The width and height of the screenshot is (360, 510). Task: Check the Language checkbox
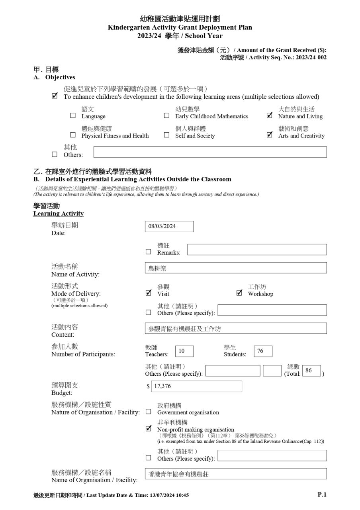(72, 116)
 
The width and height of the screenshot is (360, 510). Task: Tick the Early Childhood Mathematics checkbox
(166, 116)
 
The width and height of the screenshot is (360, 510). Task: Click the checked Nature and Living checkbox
(270, 116)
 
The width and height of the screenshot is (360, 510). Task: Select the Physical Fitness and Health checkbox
(72, 135)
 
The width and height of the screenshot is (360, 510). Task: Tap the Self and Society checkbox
(166, 135)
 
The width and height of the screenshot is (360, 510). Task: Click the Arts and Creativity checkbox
(270, 135)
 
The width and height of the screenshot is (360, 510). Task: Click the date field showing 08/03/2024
(169, 226)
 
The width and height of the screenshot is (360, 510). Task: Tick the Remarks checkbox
(148, 252)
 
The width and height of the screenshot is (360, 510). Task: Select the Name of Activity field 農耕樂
(236, 268)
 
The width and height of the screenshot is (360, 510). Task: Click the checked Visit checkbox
(149, 293)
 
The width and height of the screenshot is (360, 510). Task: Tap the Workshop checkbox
(239, 293)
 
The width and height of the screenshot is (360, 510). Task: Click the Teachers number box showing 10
(184, 351)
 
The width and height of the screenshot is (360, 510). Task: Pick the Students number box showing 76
(263, 351)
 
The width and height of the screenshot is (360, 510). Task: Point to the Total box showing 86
(311, 371)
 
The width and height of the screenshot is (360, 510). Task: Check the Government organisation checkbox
(148, 412)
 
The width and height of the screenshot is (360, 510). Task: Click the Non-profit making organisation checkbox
(149, 429)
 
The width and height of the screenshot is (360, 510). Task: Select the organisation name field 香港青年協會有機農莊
(236, 474)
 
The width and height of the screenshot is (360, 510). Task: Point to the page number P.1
(322, 494)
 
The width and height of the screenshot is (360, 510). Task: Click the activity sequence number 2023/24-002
(311, 57)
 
